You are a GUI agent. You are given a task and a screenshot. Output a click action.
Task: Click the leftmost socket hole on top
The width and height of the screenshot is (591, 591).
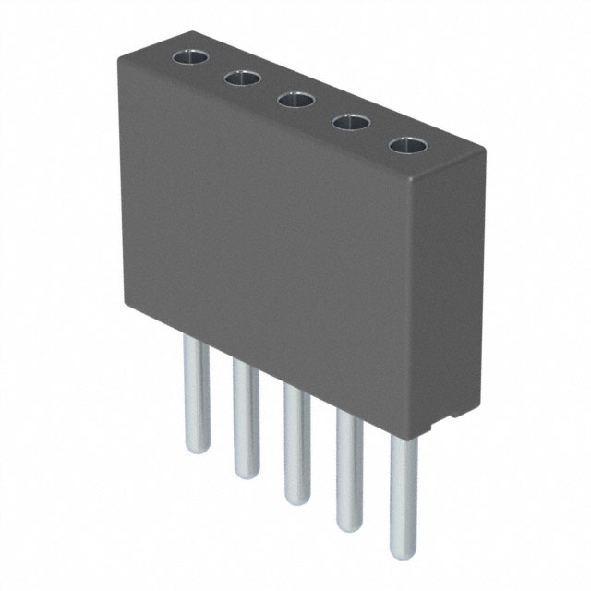(191, 58)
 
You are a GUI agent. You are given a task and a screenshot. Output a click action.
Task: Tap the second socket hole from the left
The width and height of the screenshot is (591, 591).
(242, 79)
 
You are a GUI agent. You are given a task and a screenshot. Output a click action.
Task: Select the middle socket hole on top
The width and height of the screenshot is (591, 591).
(295, 100)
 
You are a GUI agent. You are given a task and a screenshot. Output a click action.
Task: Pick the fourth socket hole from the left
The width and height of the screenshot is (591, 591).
(350, 122)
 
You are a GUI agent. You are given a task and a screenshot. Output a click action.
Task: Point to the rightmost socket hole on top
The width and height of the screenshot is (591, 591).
(407, 145)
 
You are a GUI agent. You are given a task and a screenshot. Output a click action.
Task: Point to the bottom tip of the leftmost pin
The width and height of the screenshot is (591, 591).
(195, 450)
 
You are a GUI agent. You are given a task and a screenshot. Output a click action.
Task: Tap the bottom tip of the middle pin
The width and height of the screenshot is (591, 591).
(297, 501)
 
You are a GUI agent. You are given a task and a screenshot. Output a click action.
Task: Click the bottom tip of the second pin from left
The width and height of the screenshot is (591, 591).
(246, 475)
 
